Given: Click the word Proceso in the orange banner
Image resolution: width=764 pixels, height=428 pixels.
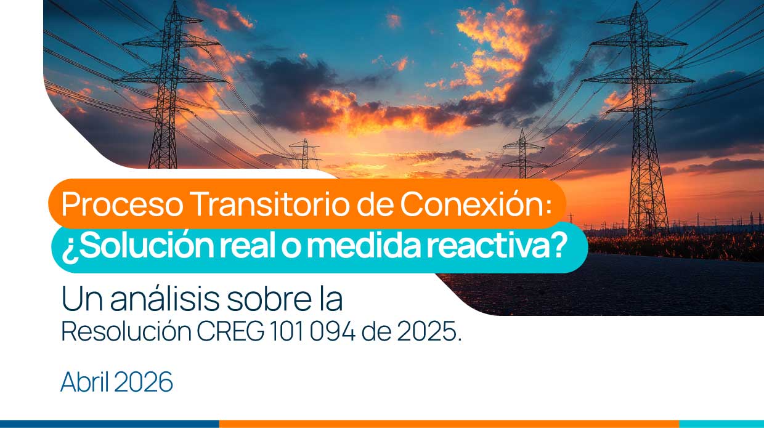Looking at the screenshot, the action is [x=122, y=204].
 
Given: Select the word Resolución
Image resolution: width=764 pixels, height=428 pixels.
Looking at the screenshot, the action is [x=126, y=331].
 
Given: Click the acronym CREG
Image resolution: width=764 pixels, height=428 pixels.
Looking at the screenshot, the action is [x=230, y=331].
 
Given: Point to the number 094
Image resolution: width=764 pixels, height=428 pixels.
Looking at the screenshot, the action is [x=333, y=331].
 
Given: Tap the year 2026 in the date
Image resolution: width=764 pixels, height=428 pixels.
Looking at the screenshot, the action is [x=144, y=382].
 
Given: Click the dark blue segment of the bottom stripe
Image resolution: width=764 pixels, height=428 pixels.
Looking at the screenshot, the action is [x=110, y=424].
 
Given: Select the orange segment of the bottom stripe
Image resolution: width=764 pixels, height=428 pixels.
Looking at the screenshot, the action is [x=449, y=424].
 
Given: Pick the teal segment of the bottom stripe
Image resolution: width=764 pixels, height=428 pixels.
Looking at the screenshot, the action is [x=721, y=424].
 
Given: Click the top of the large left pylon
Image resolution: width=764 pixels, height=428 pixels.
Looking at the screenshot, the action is [x=174, y=2].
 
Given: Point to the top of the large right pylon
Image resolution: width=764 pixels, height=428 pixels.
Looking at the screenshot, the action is [x=636, y=2].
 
